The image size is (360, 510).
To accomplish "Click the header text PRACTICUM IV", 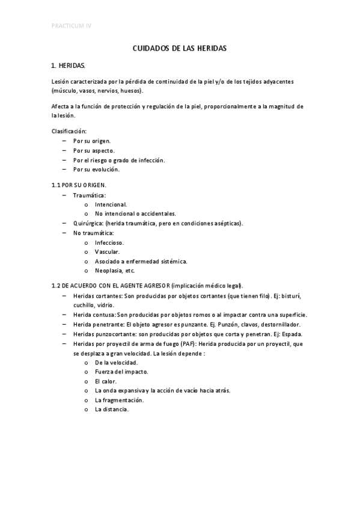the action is coord(72,26).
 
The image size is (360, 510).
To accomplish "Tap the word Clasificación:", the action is coord(69,131).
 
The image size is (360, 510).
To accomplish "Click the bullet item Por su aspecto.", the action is coord(93,150).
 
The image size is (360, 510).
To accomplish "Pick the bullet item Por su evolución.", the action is coord(96,170).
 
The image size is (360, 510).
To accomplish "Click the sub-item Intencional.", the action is coord(111,204).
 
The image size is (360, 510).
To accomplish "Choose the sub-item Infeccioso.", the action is coord(109,242).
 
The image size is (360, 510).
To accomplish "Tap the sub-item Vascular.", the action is coord(107,251).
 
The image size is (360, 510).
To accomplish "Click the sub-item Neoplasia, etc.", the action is coord(114,271).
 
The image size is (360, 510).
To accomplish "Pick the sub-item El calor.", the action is coord(106,381).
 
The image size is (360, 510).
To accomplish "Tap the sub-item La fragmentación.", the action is coord(118,400).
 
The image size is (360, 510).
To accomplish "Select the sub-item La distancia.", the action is coord(112,410).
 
